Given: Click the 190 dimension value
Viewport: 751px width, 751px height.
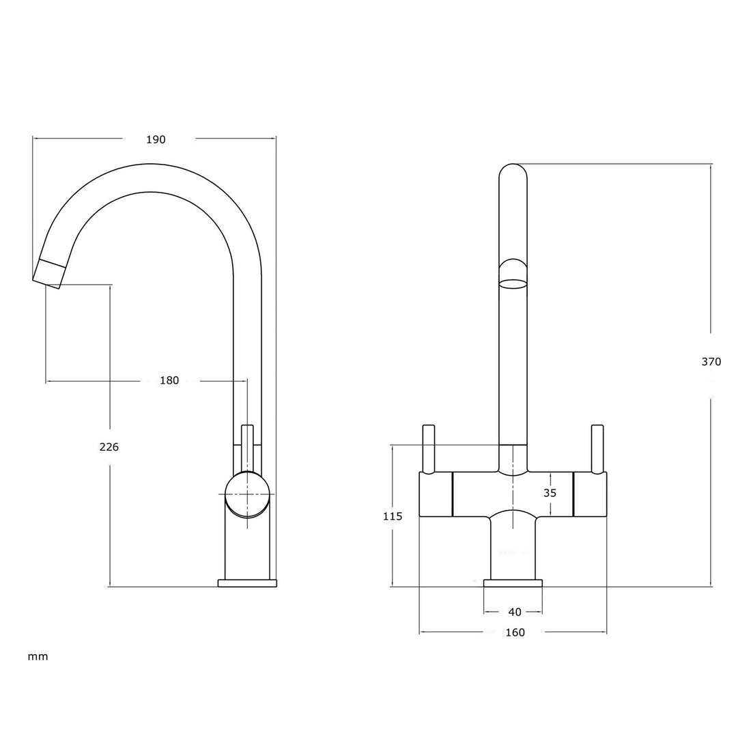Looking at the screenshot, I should [x=156, y=139].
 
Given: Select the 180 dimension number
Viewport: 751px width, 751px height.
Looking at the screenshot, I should [x=169, y=380].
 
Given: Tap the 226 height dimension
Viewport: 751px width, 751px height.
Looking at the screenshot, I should [x=109, y=447].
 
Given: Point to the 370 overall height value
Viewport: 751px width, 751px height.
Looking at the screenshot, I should [x=711, y=362].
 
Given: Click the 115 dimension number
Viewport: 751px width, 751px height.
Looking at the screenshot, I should [x=393, y=516].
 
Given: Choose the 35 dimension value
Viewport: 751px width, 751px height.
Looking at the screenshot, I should [x=550, y=493].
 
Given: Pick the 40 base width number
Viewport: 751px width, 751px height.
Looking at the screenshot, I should [x=515, y=612].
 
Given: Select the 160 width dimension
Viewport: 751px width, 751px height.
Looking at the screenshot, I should [x=515, y=632].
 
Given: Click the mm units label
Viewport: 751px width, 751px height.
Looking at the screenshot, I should [x=38, y=657].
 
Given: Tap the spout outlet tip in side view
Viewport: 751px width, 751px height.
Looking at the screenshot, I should [x=50, y=271].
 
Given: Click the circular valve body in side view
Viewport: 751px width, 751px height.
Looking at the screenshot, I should [x=247, y=495].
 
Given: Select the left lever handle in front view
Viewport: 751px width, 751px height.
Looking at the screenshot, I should [x=429, y=449].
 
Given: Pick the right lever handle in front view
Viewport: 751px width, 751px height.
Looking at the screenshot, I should [x=597, y=449].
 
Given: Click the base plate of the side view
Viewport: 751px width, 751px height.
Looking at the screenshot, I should [x=247, y=583].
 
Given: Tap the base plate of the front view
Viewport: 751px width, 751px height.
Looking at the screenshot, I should [x=513, y=583].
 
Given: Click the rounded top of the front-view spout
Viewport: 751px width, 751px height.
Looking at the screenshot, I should [x=513, y=171].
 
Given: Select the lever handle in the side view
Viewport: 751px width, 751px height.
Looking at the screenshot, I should [x=247, y=447].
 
